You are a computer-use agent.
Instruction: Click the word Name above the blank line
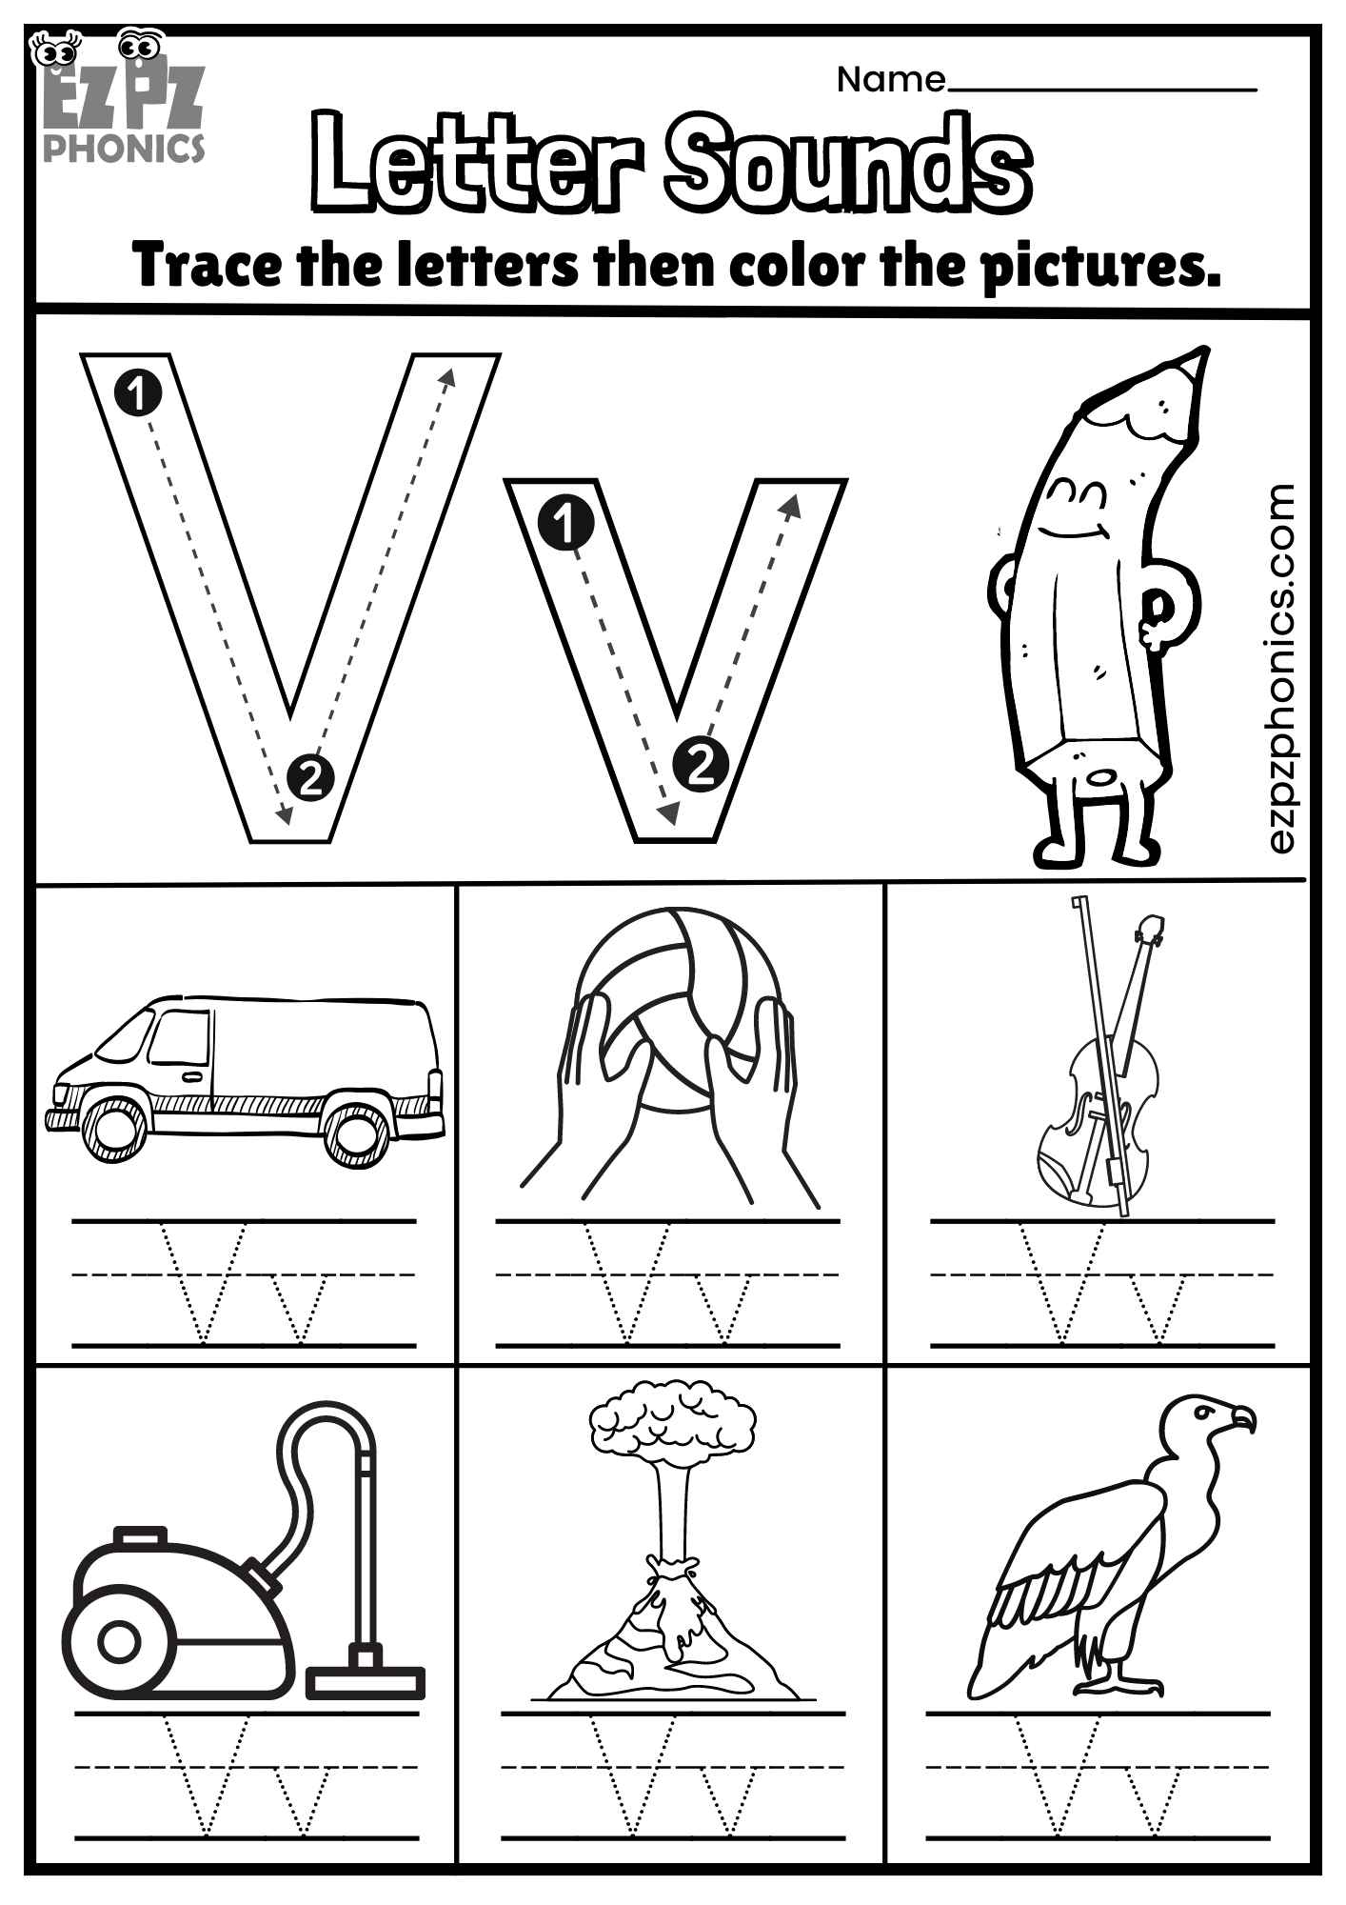890,80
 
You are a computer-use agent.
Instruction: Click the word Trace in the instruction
207,266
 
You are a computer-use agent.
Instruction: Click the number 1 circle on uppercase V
138,392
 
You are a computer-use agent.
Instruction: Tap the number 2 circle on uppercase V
309,780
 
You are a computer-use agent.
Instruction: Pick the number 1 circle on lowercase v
565,523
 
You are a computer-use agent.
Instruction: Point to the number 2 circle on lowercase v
701,763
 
